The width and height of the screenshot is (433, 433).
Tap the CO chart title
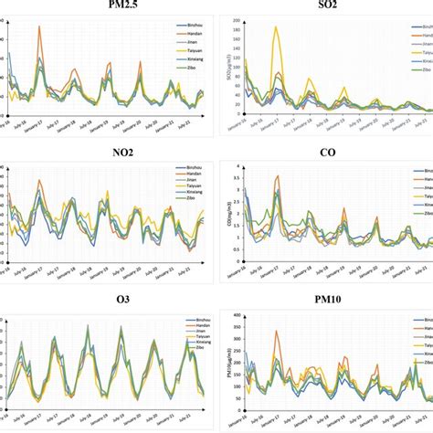326,156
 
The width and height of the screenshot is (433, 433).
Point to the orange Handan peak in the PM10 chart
276,332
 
